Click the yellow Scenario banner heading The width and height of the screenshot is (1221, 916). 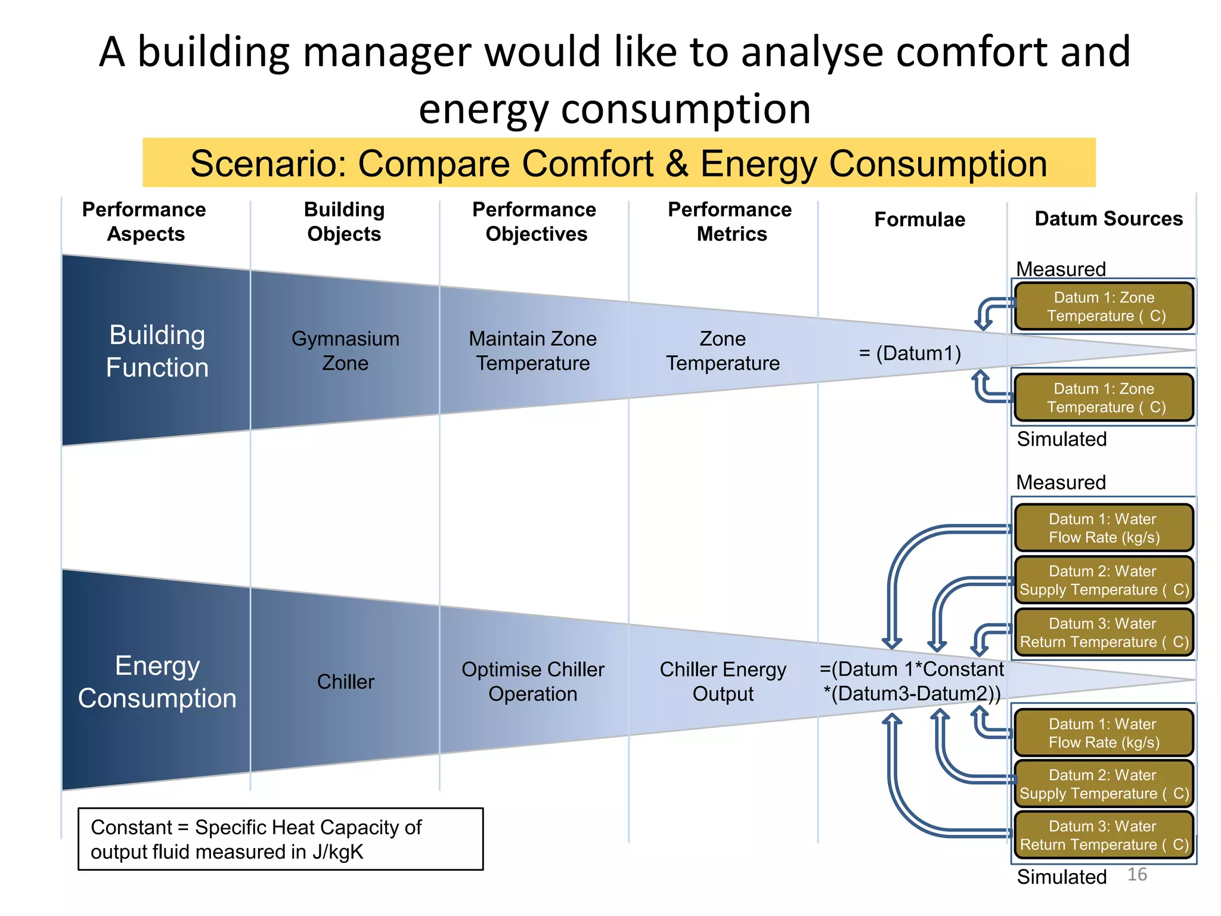coord(618,163)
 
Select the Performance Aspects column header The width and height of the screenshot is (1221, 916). coord(144,221)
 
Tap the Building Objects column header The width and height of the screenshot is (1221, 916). coord(344,221)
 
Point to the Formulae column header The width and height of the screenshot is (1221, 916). coord(919,219)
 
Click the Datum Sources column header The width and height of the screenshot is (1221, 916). coord(1108,218)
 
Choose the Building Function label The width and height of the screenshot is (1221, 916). coord(157,351)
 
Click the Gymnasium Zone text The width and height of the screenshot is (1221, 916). coord(345,351)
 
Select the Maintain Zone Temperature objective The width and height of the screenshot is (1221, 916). coord(532,351)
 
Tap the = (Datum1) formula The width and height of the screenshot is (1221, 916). coord(910,353)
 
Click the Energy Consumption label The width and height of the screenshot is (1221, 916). coord(157,682)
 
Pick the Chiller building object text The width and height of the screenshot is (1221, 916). coord(345,682)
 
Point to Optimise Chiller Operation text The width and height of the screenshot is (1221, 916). coord(532,682)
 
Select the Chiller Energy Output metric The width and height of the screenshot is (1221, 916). coord(723,682)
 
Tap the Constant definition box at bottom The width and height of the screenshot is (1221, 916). coord(280,839)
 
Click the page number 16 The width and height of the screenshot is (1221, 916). coord(1137,874)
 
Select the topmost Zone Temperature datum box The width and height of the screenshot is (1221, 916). coord(1104,307)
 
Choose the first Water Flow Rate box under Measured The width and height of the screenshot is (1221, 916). coord(1104,528)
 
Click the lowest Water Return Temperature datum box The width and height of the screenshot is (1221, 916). coord(1104,835)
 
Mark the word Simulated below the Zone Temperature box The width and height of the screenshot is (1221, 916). coord(1061,439)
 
